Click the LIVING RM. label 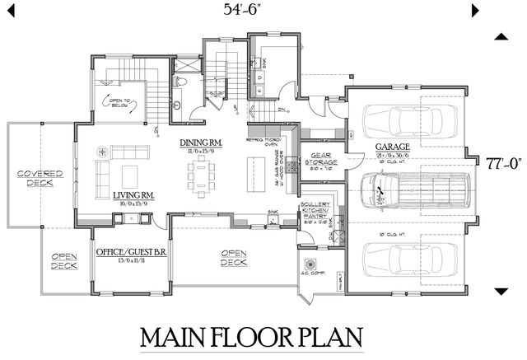click(x=134, y=194)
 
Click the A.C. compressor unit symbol click(x=310, y=265)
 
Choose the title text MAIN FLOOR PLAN click(x=252, y=338)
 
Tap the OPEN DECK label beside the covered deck click(x=64, y=261)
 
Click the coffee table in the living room click(x=129, y=175)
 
